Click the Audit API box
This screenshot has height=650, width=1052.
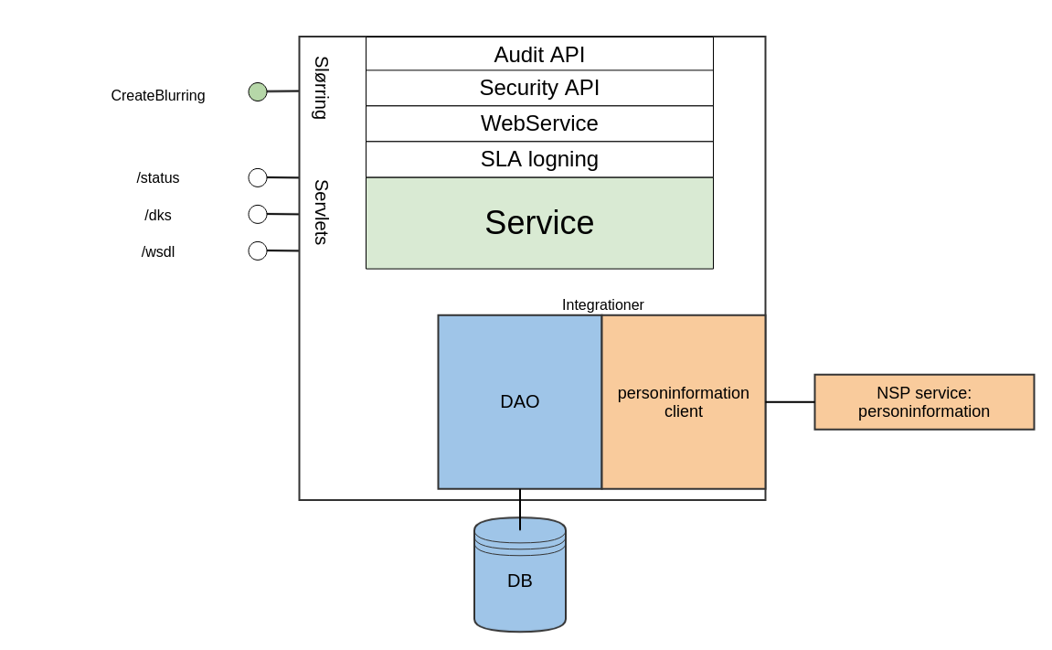point(539,54)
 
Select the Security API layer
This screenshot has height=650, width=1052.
point(539,88)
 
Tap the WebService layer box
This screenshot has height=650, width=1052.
point(539,123)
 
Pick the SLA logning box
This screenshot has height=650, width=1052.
point(539,159)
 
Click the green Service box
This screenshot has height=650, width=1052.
point(539,223)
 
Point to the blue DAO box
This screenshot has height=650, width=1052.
point(519,402)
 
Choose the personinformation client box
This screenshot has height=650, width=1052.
point(683,402)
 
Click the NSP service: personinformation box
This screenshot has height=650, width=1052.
point(923,402)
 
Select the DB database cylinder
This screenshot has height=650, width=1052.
point(519,581)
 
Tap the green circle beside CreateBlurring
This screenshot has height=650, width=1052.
point(258,92)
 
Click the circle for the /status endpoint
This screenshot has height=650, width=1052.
point(258,177)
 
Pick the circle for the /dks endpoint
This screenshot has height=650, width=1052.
point(258,214)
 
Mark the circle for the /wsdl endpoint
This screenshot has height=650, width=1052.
point(258,250)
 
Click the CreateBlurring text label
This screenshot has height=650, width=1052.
point(158,96)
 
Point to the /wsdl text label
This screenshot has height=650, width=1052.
point(158,252)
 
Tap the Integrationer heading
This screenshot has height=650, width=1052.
point(602,305)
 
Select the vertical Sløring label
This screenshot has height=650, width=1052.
point(321,88)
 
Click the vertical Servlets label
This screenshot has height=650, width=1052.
point(321,212)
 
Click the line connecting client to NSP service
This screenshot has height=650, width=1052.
point(790,402)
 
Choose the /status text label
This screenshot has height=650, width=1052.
point(158,178)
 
